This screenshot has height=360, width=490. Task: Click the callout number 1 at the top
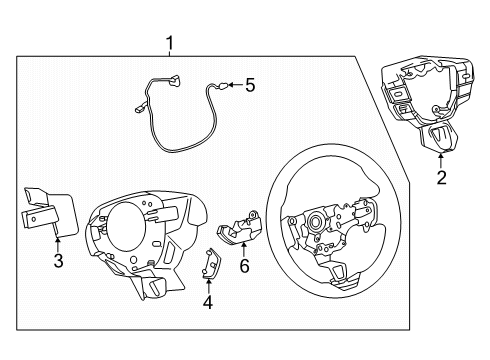pos(170,43)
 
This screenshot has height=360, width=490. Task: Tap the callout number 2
pos(440,179)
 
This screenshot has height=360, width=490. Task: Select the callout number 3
pos(58,262)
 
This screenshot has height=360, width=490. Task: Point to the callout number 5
pos(250,86)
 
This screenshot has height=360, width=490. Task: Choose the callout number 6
pos(243,265)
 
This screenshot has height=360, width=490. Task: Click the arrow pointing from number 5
pos(234,86)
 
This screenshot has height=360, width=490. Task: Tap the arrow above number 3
pos(58,244)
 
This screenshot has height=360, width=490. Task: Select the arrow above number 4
pos(208,282)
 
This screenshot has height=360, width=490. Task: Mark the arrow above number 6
pos(243,248)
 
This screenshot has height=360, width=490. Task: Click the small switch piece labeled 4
pos(211,262)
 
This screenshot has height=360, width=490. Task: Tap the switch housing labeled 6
pos(240,227)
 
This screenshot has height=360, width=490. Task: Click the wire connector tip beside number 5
pos(224,86)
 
